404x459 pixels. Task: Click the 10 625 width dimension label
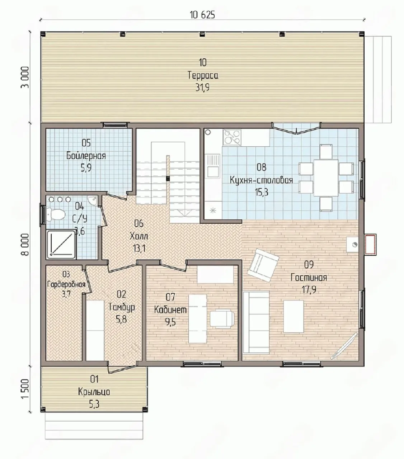coord(202,15)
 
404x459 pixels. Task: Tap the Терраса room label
coord(203,75)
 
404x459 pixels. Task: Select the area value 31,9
coord(202,87)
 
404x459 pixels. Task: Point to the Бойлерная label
coord(86,156)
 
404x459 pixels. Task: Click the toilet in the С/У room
coord(56,214)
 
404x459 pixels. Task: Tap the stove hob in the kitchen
coord(232,137)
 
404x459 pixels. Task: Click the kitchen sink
coord(213,166)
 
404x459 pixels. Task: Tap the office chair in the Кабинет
coord(222,319)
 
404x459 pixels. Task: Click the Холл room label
coord(139,237)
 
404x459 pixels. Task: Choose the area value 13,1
coord(139,249)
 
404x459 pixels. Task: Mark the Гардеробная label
coord(66,284)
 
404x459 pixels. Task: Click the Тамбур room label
coord(122,307)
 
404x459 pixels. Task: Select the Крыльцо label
coord(94,392)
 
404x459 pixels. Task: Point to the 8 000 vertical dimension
coord(26,245)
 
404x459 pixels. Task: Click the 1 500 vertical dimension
coord(26,389)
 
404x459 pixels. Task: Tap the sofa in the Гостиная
coord(256,322)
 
